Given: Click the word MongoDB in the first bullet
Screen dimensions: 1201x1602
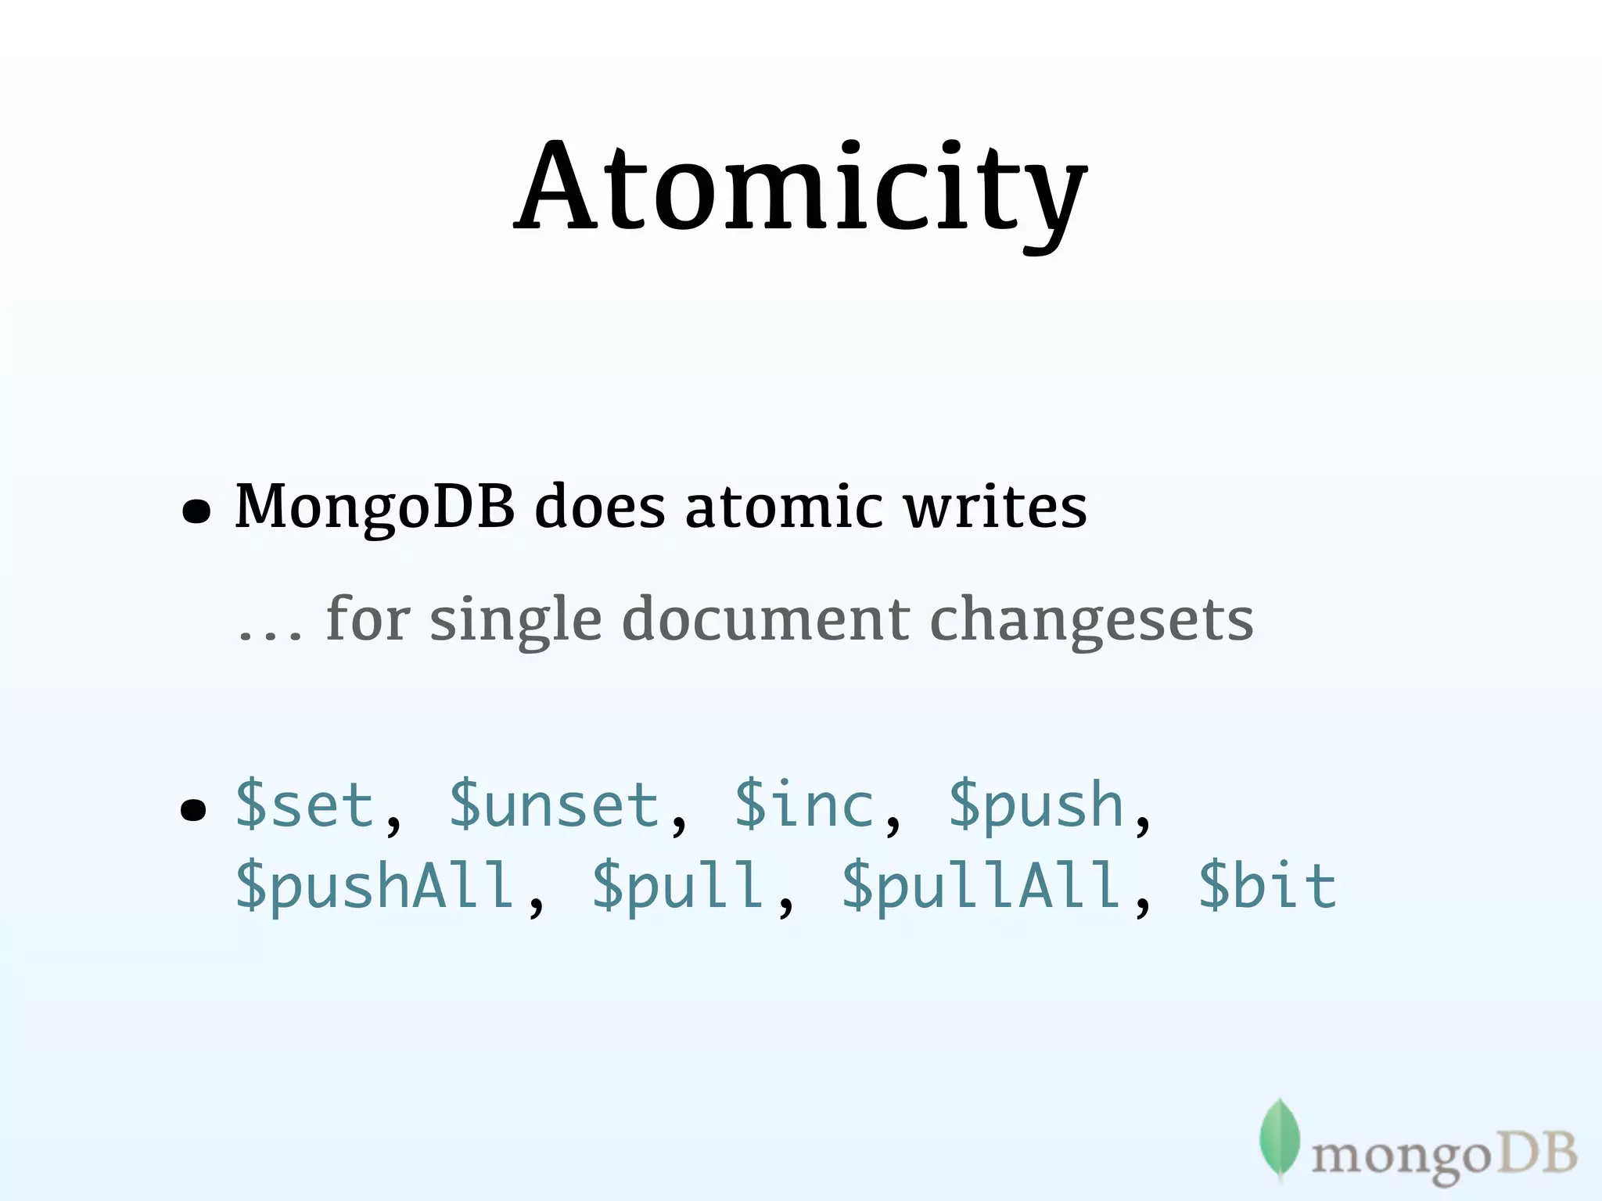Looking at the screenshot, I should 375,507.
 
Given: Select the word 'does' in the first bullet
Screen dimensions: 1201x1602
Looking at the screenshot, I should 599,506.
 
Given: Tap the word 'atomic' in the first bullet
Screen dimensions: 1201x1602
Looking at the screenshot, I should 785,506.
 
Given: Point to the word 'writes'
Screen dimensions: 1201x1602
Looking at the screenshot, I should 995,506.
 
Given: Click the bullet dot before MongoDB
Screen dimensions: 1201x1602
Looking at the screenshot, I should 196,511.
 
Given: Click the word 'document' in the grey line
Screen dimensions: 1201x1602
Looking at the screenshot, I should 765,618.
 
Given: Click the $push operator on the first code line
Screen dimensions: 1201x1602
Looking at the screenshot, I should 1036,805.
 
